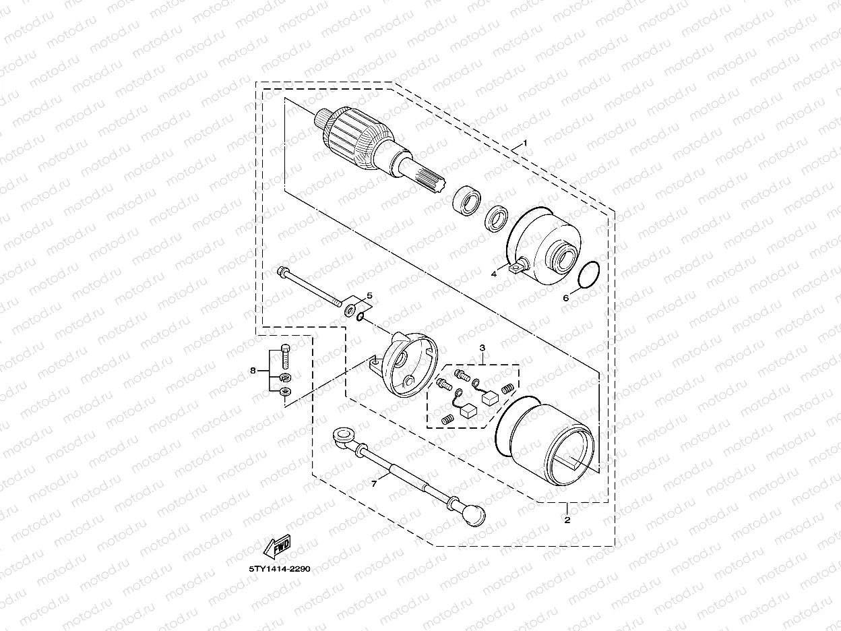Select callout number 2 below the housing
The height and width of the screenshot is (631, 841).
567,520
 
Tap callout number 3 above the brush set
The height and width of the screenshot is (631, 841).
482,347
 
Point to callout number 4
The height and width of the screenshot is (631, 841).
493,274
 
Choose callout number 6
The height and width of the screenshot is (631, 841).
566,297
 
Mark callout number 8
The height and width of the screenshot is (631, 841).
253,370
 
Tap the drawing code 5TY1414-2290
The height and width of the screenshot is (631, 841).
279,568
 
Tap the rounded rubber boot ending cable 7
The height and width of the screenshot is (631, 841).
472,514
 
